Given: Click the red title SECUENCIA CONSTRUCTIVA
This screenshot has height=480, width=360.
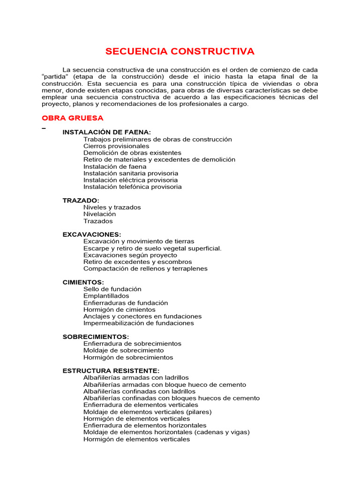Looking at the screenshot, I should tap(180, 51).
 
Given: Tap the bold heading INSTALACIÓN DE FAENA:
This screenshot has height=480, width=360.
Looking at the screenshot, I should tap(107, 132).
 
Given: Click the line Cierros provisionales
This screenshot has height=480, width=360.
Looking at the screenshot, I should tap(116, 146).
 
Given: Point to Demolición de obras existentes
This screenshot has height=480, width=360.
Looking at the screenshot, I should tap(132, 153).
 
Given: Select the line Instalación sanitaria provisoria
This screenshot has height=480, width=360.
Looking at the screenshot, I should tap(131, 173).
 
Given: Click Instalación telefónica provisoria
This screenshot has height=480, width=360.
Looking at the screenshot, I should tap(132, 187).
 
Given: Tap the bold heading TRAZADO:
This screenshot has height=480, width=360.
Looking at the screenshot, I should tap(81, 201).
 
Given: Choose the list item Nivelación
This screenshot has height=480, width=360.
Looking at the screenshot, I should tap(99, 214).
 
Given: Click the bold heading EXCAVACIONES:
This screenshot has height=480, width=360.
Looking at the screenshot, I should tap(92, 234).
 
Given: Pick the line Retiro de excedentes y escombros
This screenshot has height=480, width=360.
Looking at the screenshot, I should tap(137, 262).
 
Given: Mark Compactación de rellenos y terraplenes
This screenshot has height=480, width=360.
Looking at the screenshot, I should tap(145, 269).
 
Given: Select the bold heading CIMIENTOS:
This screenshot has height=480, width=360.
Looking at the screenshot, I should tap(83, 282).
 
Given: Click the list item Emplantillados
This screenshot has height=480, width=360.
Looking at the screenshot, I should tap(106, 296).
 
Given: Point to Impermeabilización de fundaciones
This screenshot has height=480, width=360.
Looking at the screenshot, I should tap(138, 323).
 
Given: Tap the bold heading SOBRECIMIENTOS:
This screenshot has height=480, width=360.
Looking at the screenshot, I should tap(96, 337).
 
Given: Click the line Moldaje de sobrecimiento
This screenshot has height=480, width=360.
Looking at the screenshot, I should tap(123, 351).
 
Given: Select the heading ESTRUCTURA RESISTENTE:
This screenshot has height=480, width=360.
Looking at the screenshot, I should tap(111, 371).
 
